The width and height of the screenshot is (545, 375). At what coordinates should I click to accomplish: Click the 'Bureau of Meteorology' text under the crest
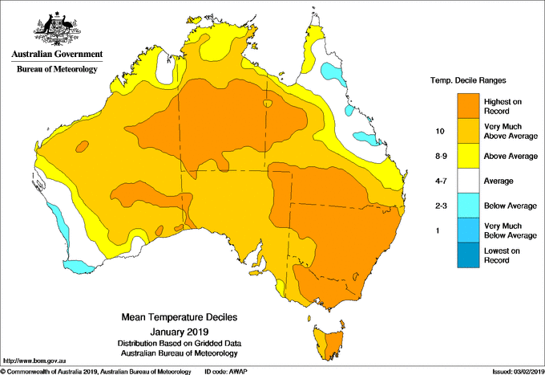click(57, 70)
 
